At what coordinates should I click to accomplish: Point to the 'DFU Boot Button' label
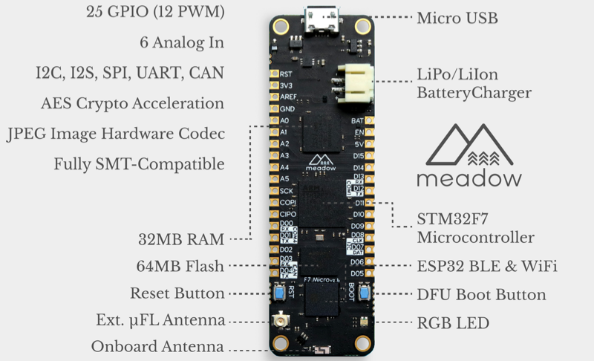coord(481,295)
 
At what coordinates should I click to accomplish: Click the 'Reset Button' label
coord(177,293)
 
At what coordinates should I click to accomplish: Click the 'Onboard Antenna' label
coord(158,347)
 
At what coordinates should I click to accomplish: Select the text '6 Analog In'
coord(182,42)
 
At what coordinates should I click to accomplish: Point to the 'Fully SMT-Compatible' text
coord(140,163)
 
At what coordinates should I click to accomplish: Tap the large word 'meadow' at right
coord(469,179)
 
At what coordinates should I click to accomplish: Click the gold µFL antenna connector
coord(281,322)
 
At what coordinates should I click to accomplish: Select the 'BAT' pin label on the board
coord(358,120)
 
